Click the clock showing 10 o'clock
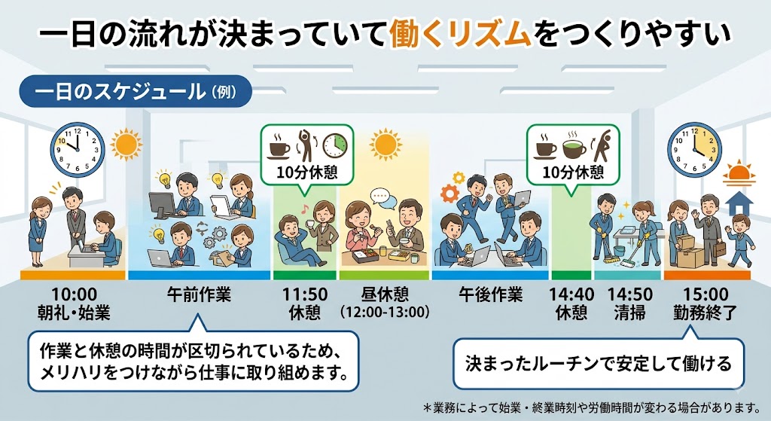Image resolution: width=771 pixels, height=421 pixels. tap(78, 150)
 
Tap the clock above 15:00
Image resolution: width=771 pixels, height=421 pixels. tap(694, 150)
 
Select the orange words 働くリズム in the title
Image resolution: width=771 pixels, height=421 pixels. tap(461, 35)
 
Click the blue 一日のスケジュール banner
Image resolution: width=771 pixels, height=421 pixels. tap(136, 91)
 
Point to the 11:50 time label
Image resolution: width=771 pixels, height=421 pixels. tap(305, 294)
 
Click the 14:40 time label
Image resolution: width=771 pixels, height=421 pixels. tap(571, 294)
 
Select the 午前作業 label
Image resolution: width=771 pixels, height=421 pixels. tap(199, 294)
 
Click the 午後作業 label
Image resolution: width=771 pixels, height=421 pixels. tap(491, 294)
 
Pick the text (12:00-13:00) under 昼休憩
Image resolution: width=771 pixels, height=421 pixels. tap(385, 312)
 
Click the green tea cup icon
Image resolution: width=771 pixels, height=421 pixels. tap(574, 145)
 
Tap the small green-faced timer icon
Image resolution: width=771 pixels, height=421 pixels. tap(335, 145)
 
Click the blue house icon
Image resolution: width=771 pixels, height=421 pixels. tap(739, 203)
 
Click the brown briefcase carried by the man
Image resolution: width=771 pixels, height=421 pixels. tap(719, 249)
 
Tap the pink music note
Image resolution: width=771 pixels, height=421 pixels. tap(306, 208)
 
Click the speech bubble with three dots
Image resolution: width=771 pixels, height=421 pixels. tap(379, 197)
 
